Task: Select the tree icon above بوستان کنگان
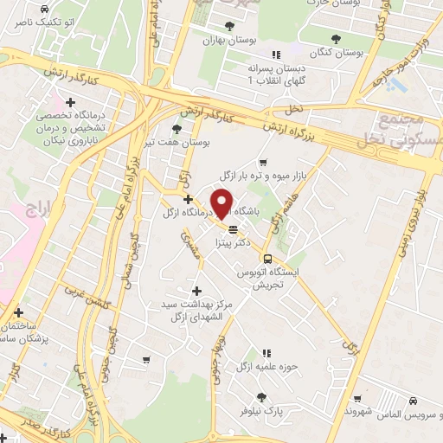coord(337,38)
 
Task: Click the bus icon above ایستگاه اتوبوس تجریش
coord(266,258)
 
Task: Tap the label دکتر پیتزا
coord(236,245)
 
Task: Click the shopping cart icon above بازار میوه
coord(262,162)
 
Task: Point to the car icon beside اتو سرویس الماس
coord(414,401)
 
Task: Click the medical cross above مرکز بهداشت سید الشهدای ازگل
coord(196,291)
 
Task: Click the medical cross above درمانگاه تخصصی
coord(71,103)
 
